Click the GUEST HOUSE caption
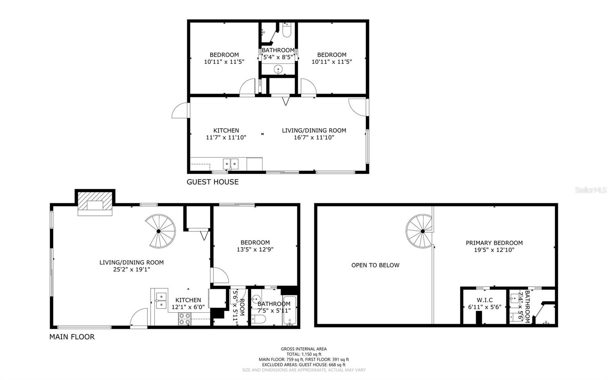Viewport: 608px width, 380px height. [x=212, y=182]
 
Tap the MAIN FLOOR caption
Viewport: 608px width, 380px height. [x=72, y=337]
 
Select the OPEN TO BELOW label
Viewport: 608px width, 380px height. [x=375, y=265]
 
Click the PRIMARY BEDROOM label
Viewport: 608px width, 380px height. [x=494, y=243]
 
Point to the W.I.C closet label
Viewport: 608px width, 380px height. [x=485, y=300]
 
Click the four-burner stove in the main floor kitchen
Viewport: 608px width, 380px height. [x=185, y=319]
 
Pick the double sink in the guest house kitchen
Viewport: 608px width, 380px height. [x=231, y=164]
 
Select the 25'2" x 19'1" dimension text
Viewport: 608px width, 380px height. [x=131, y=269]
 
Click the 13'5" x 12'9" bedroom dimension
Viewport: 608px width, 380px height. [x=255, y=250]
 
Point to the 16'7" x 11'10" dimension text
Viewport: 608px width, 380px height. [x=314, y=137]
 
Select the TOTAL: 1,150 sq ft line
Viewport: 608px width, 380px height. [x=304, y=354]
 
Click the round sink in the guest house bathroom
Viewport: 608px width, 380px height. [x=278, y=70]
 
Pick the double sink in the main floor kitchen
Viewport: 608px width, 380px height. [x=161, y=301]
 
